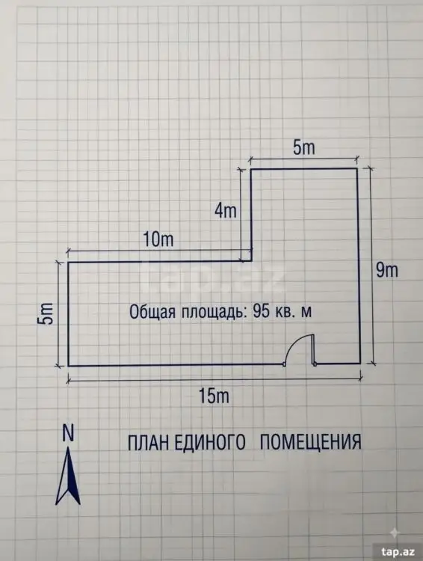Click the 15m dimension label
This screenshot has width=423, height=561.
coord(214,396)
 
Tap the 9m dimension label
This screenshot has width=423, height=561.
coord(386,270)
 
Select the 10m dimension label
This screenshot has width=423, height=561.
coord(158,239)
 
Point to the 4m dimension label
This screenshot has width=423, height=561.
coord(226,210)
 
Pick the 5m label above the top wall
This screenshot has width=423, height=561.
coord(304,147)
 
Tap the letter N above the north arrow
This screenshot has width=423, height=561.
coord(68,432)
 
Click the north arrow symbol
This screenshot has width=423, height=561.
coord(68,476)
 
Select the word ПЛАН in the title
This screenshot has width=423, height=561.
coord(148,442)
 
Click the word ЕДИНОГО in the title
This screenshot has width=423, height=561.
coord(210,442)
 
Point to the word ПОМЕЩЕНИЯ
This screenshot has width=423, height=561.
coord(310,442)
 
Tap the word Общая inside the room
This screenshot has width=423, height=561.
coord(152,312)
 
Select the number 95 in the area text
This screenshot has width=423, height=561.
coord(261,311)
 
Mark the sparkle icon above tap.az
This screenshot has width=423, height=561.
coord(394,533)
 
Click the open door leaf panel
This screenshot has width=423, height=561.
coord(313,349)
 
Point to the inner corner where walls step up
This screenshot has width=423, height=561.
coord(251,261)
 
